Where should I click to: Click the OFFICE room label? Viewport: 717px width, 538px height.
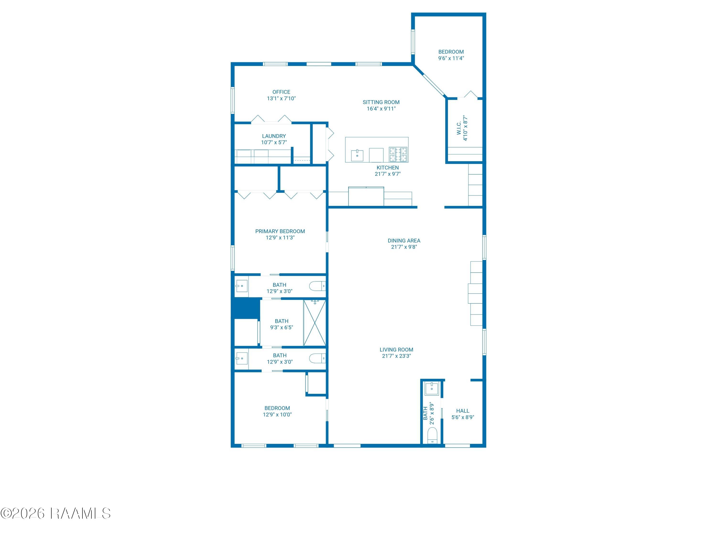(281, 92)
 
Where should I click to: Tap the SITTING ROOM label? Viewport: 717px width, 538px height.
(381, 102)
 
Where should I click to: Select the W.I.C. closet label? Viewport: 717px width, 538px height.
(459, 128)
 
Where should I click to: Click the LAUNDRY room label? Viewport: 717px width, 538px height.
(274, 136)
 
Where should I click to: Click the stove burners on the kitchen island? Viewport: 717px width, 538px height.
(398, 154)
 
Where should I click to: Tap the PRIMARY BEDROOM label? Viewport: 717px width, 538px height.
(280, 231)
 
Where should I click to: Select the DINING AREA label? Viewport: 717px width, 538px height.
(404, 241)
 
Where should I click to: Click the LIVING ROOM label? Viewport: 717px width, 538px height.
(397, 350)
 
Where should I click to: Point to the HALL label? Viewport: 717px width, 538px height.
(462, 411)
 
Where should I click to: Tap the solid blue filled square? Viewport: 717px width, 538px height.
(246, 308)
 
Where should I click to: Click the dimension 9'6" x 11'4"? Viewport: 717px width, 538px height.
(451, 58)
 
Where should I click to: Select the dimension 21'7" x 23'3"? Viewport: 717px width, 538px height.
(397, 356)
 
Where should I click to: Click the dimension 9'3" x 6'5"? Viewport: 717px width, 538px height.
(281, 328)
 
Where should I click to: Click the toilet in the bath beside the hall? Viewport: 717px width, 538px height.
(432, 435)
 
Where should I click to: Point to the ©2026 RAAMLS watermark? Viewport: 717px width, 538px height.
(55, 513)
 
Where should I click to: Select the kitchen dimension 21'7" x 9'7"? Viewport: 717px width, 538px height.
(388, 174)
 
